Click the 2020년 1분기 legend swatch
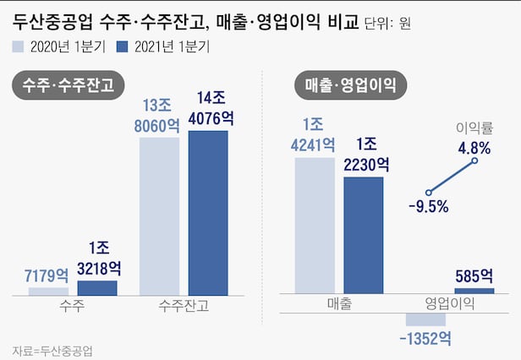point(19,47)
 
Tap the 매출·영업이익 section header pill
point(356,85)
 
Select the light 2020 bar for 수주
point(48,291)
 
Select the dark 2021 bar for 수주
point(97,287)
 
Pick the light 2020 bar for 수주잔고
point(159,215)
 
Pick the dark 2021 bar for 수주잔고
point(208,212)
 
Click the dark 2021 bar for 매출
point(364,236)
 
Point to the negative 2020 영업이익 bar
point(425,319)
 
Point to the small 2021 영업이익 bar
point(474,291)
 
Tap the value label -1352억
point(425,339)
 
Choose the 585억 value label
point(474,275)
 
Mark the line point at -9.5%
point(429,193)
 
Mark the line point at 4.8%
point(475,161)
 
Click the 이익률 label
point(474,128)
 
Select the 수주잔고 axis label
point(184,306)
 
